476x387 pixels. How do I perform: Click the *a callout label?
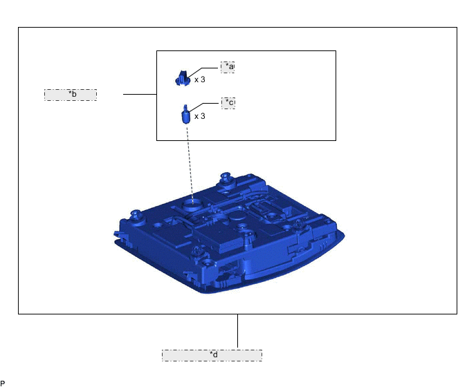point(228,67)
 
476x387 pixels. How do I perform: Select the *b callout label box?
point(71,95)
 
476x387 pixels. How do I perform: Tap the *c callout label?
point(228,103)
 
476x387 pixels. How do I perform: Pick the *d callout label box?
point(212,355)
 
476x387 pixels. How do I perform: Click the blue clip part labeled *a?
point(183,79)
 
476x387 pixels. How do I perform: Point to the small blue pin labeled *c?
point(185,114)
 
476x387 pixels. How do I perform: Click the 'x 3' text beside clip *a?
point(200,79)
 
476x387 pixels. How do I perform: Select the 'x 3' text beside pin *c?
point(200,116)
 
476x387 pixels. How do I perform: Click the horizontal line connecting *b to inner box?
point(140,94)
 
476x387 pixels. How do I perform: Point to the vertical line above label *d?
point(237,331)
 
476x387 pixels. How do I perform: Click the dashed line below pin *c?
point(190,164)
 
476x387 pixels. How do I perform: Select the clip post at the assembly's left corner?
point(135,216)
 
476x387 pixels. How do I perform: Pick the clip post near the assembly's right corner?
point(300,225)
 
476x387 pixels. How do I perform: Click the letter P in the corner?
point(3,384)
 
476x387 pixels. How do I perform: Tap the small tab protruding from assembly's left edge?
point(118,234)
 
